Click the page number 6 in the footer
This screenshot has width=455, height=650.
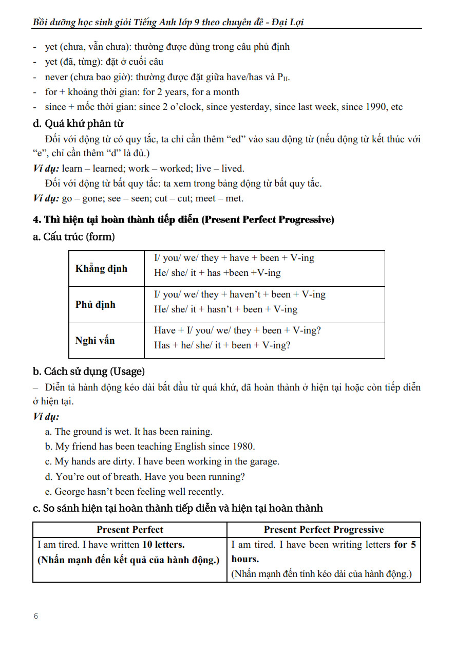click(36, 616)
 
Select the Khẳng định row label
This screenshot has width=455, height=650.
click(101, 269)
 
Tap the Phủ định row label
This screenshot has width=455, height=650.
click(96, 305)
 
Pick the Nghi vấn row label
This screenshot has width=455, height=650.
click(95, 341)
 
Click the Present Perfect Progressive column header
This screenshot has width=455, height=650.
click(324, 530)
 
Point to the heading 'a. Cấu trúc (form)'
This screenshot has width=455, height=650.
click(73, 237)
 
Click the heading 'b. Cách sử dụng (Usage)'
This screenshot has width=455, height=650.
click(89, 371)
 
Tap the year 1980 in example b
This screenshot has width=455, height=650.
click(244, 447)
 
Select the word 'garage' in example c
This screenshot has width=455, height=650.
click(263, 461)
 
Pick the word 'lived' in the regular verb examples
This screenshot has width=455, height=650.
click(233, 169)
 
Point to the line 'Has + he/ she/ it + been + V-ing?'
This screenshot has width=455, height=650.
click(222, 345)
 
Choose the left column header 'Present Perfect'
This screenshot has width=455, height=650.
click(130, 530)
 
